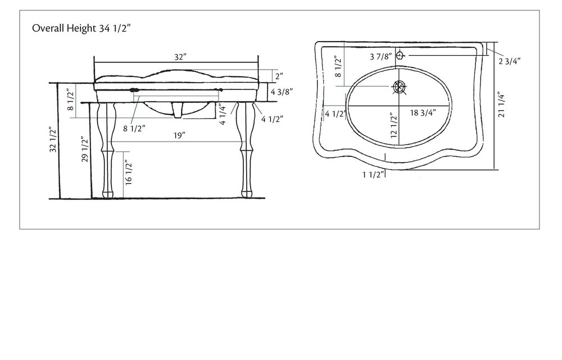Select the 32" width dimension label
click(x=180, y=57)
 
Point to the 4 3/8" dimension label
click(x=282, y=91)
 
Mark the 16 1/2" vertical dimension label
click(x=128, y=173)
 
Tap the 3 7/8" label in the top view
click(x=380, y=56)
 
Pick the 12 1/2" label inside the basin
click(x=394, y=125)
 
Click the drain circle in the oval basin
click(x=399, y=87)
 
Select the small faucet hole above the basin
click(x=400, y=55)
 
